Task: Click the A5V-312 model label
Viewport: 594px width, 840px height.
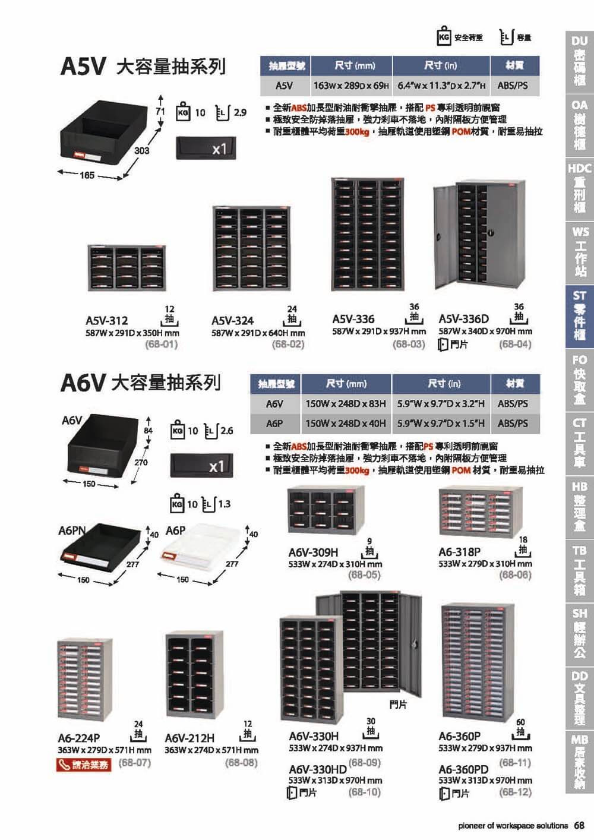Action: pos(107,321)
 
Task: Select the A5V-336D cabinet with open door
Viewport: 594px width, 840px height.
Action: pos(480,233)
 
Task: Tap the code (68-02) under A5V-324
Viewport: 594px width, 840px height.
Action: pos(288,344)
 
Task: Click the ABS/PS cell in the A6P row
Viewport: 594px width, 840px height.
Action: pos(513,424)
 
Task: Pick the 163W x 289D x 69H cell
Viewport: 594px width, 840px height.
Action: pos(351,86)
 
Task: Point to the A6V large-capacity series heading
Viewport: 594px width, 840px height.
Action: pos(141,382)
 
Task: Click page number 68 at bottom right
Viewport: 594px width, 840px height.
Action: pos(580,826)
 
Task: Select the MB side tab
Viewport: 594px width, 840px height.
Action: pos(579,762)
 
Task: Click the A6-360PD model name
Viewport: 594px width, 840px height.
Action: pos(463,769)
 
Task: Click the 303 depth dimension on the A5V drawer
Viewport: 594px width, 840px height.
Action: pos(142,151)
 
